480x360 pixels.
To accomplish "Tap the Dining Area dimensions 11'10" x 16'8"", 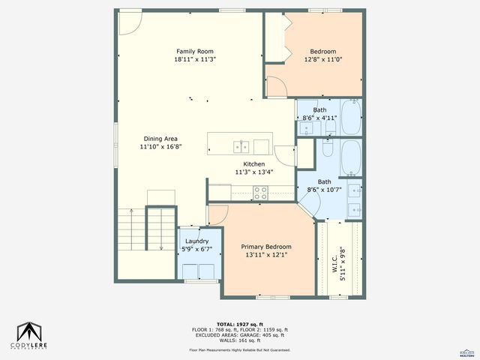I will (x=160, y=147).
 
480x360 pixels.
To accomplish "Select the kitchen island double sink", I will (x=241, y=145).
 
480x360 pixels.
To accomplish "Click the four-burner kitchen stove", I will (x=260, y=191).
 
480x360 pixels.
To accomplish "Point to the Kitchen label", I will (x=253, y=163).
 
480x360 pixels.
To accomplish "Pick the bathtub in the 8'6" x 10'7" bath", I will (x=350, y=157).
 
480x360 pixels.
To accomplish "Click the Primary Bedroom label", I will (x=265, y=246).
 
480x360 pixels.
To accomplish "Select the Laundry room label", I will (x=197, y=241).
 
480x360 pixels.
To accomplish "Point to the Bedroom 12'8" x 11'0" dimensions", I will (x=324, y=59).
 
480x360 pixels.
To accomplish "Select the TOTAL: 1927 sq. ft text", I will (x=239, y=323).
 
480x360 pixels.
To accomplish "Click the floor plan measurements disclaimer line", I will (x=239, y=349).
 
